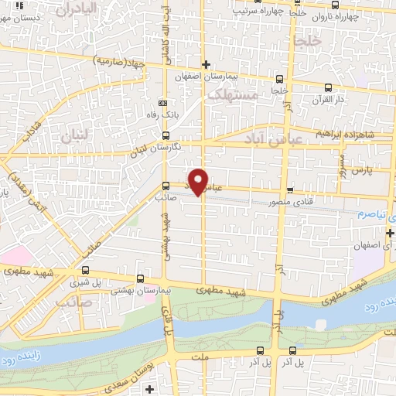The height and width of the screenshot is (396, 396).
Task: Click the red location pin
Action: click(200, 182)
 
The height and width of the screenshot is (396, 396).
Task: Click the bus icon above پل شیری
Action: click(84, 271)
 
